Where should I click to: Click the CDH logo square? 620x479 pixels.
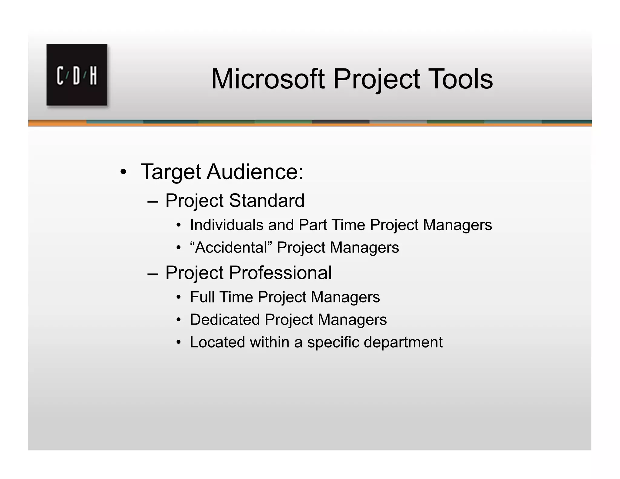click(77, 75)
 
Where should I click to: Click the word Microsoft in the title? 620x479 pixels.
click(268, 79)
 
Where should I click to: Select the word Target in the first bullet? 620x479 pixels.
click(171, 172)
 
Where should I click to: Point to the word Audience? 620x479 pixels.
click(255, 172)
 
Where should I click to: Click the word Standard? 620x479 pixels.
click(266, 200)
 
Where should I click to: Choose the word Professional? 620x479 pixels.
click(280, 273)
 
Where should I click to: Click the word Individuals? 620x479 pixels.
click(227, 225)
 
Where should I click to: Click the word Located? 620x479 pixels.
click(217, 342)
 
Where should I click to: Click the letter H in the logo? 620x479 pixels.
click(93, 76)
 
